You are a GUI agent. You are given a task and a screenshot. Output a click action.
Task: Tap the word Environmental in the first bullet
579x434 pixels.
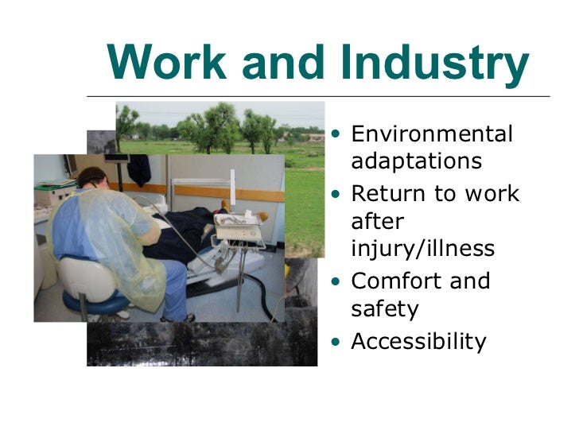click(x=432, y=134)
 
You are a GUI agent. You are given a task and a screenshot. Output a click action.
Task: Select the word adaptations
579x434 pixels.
click(x=416, y=161)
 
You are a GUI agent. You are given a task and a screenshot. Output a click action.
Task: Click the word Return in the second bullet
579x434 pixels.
click(x=389, y=194)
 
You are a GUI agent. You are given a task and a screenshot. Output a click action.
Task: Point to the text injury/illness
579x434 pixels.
click(x=422, y=249)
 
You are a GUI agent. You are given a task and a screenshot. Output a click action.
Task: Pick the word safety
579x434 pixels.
click(x=385, y=308)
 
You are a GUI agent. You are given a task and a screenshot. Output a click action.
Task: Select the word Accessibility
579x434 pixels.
click(x=418, y=341)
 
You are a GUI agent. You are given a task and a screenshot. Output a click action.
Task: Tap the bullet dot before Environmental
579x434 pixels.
click(x=340, y=133)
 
